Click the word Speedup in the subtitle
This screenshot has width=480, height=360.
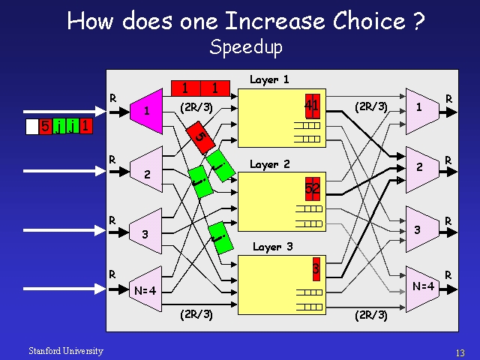(x=246, y=47)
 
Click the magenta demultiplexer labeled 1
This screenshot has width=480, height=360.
(x=146, y=111)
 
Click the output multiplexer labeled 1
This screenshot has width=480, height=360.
(x=420, y=107)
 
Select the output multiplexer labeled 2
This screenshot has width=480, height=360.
(x=420, y=167)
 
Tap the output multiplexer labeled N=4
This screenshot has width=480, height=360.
(x=422, y=286)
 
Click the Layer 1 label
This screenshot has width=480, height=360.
(x=269, y=79)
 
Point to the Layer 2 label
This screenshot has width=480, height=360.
(x=269, y=163)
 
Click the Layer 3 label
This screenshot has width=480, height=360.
(x=272, y=247)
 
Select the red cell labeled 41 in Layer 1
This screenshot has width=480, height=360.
(x=312, y=106)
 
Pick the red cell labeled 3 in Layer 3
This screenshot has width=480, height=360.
(x=316, y=268)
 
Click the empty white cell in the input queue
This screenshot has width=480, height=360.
(x=31, y=127)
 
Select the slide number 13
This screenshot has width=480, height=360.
(x=460, y=352)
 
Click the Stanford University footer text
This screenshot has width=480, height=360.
(x=66, y=351)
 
